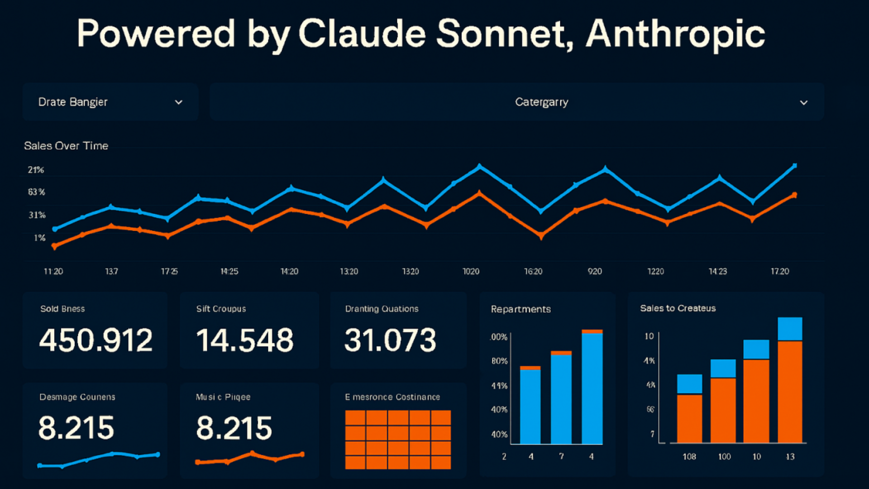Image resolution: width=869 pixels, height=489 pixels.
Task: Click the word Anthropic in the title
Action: pyautogui.click(x=675, y=34)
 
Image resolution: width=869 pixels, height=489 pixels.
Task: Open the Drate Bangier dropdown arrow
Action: pyautogui.click(x=179, y=102)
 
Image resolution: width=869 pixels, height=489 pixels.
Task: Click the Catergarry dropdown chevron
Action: pyautogui.click(x=803, y=103)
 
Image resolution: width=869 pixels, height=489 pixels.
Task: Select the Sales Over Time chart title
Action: pyautogui.click(x=66, y=146)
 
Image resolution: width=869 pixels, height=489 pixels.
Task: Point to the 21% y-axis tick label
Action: pyautogui.click(x=36, y=170)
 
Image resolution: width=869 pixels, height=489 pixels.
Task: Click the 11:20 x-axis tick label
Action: pyautogui.click(x=53, y=271)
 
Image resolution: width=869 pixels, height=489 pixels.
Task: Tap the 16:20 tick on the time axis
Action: pyautogui.click(x=533, y=271)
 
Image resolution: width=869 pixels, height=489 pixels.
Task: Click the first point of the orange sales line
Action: pyautogui.click(x=55, y=246)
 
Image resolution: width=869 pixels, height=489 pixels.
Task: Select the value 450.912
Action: pyautogui.click(x=96, y=340)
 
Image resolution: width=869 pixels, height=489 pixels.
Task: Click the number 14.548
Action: pyautogui.click(x=245, y=340)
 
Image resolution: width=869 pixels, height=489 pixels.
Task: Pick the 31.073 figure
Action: pyautogui.click(x=390, y=340)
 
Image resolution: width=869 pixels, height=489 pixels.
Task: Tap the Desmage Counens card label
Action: pyautogui.click(x=77, y=397)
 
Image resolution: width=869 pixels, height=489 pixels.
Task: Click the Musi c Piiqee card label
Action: pyautogui.click(x=223, y=397)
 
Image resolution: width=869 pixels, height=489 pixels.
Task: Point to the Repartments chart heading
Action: pyautogui.click(x=521, y=309)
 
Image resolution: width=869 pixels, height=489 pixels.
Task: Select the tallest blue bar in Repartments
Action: pyautogui.click(x=592, y=388)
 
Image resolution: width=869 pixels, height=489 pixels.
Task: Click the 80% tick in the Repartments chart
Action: pyautogui.click(x=499, y=361)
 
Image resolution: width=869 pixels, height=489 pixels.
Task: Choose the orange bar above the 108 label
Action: pyautogui.click(x=689, y=418)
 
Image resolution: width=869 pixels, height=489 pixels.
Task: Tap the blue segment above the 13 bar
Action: pyautogui.click(x=790, y=329)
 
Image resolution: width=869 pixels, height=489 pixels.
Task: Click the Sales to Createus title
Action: pyautogui.click(x=678, y=308)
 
